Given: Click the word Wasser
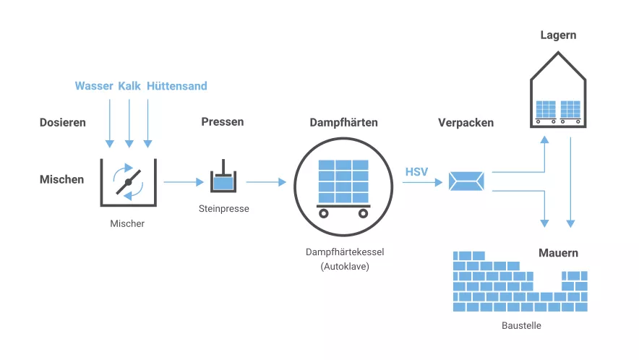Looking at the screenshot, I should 94,86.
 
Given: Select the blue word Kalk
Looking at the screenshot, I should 129,86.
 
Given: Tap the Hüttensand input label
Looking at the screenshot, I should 176,86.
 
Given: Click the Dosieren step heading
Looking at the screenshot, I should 62,122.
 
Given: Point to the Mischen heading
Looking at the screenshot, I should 61,179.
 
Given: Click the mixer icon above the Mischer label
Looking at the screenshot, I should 128,181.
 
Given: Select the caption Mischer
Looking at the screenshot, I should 127,223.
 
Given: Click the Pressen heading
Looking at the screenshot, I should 222,121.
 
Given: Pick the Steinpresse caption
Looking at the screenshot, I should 223,209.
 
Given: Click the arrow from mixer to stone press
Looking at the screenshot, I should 184,182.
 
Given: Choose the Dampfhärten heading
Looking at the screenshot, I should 343,122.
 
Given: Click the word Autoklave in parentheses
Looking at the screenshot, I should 343,267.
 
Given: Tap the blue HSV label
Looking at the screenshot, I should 416,172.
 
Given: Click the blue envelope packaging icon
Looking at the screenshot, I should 466,181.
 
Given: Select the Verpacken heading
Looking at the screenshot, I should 466,122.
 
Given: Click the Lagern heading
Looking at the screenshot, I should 558,35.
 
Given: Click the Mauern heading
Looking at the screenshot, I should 558,253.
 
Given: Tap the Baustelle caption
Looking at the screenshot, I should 521,325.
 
